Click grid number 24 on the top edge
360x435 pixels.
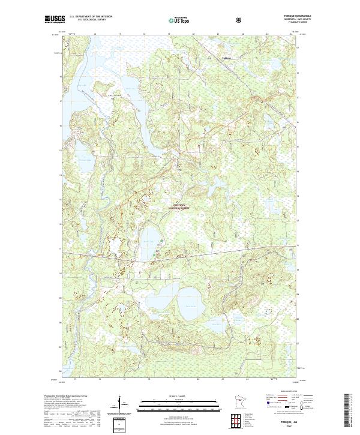(x=290, y=34)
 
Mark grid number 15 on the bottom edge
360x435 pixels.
(x=75, y=379)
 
